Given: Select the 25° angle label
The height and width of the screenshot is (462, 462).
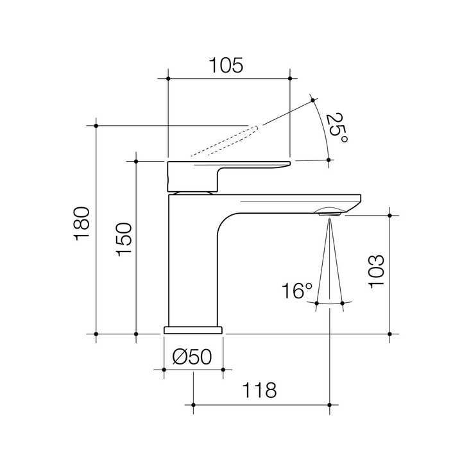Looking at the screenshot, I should (x=336, y=128).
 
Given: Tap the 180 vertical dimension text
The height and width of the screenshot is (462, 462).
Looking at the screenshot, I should (x=82, y=223).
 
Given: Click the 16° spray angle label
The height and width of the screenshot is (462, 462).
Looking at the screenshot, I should (x=296, y=291).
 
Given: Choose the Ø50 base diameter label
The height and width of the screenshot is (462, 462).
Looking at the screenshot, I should (x=193, y=357).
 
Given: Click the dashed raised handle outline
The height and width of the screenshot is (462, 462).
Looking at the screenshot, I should (x=225, y=141).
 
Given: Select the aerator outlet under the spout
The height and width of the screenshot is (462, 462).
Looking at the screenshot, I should (x=329, y=212).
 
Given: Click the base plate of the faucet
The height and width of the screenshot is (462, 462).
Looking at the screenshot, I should (x=193, y=330).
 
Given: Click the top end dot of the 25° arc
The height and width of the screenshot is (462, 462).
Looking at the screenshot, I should (x=313, y=99).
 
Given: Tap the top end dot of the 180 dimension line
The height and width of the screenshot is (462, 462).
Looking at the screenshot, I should (x=96, y=125).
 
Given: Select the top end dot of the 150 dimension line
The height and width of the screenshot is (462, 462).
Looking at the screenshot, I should (x=136, y=161).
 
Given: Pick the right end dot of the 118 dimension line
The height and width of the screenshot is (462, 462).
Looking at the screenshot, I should (x=329, y=405).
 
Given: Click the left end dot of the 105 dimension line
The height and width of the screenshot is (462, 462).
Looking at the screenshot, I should (x=168, y=79).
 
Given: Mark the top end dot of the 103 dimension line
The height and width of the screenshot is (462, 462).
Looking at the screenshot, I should (x=389, y=215).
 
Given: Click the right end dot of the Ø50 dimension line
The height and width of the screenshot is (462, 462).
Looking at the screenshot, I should (x=223, y=370).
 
